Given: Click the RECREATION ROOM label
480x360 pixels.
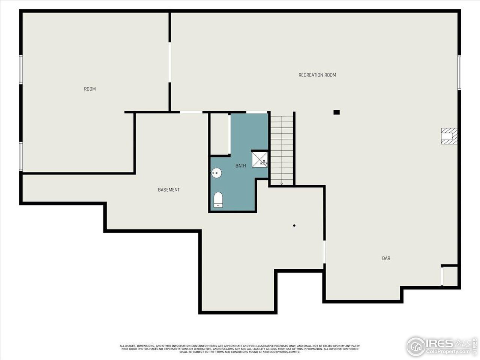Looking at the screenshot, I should (317, 75).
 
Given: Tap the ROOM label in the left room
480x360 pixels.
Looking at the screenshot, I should (90, 89).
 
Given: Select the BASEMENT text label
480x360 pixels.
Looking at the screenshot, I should (168, 190).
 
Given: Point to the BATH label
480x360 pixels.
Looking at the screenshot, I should (240, 166).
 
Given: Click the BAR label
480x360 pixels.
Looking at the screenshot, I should (386, 258).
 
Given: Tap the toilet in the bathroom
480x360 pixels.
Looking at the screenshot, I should (218, 200).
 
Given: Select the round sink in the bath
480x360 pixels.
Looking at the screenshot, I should (216, 173).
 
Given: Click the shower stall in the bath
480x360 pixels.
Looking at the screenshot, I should (260, 159).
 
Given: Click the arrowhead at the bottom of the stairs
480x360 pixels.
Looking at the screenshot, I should (282, 184).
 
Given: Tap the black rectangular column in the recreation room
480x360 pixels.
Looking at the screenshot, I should (336, 112).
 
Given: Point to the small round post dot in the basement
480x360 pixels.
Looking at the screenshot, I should (294, 225).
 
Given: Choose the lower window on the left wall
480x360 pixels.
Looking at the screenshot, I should (21, 156).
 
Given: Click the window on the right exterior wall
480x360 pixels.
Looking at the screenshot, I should (459, 72).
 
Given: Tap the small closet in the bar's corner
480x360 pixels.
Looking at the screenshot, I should (450, 276).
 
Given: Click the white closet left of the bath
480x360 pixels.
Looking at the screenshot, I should (219, 133).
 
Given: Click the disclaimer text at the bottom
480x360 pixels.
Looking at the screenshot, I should (240, 349).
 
